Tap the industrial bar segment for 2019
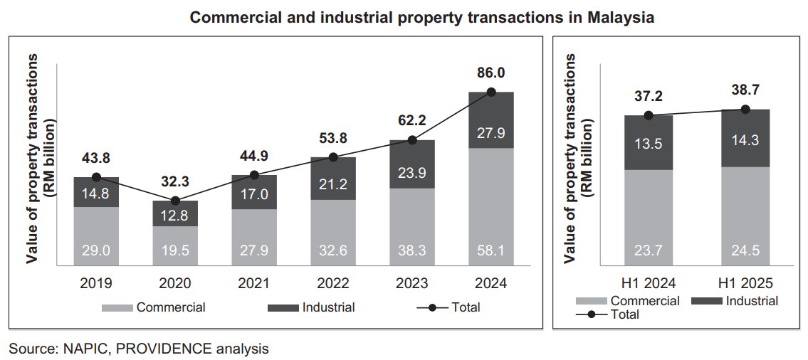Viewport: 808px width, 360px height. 96,192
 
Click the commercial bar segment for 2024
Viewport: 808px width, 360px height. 491,206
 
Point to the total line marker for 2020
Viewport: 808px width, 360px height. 175,201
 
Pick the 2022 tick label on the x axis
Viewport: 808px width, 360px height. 333,283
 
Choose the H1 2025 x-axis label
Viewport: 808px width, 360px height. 745,283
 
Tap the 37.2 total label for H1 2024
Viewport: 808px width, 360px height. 648,96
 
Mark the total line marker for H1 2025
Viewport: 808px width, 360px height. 745,110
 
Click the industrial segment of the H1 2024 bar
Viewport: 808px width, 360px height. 648,142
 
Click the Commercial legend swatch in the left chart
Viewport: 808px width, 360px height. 117,308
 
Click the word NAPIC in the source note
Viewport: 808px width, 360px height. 73,349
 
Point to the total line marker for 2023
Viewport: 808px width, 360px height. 412,140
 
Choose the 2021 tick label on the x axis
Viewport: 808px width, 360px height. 254,283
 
